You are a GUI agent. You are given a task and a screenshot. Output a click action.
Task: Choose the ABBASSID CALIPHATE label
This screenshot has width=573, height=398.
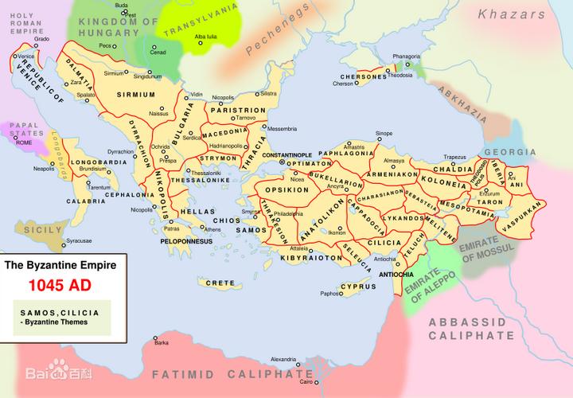point(471,329)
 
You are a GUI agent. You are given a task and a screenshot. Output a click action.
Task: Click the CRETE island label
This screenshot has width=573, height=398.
point(220,283)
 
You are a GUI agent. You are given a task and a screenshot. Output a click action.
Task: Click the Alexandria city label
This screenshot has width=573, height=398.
point(283,360)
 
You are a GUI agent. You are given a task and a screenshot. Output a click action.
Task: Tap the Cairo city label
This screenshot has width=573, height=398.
point(306,383)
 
